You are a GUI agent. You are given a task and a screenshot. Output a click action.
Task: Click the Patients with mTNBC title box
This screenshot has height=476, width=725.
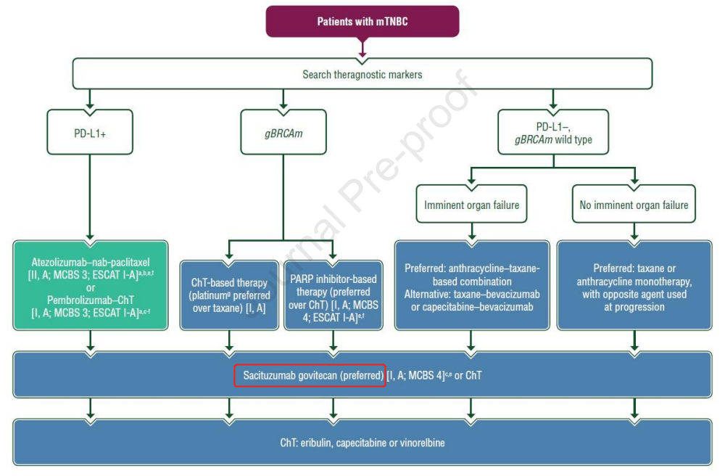click(362, 21)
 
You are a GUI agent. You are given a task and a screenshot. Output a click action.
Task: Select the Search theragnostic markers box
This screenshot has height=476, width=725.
click(362, 74)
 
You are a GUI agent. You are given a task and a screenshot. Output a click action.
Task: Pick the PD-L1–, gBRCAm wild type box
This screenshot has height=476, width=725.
click(553, 131)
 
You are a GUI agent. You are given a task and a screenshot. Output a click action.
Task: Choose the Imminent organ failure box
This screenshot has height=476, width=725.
click(471, 205)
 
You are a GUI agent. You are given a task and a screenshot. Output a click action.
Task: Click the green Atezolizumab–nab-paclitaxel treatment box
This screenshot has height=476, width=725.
click(91, 285)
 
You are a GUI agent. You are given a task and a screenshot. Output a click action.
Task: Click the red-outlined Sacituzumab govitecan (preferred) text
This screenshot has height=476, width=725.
click(310, 375)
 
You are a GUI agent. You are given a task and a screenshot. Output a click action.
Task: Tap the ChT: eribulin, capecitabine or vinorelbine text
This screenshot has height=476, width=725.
click(362, 442)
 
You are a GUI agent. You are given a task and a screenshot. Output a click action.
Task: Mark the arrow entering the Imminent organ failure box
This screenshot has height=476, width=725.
click(471, 178)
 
